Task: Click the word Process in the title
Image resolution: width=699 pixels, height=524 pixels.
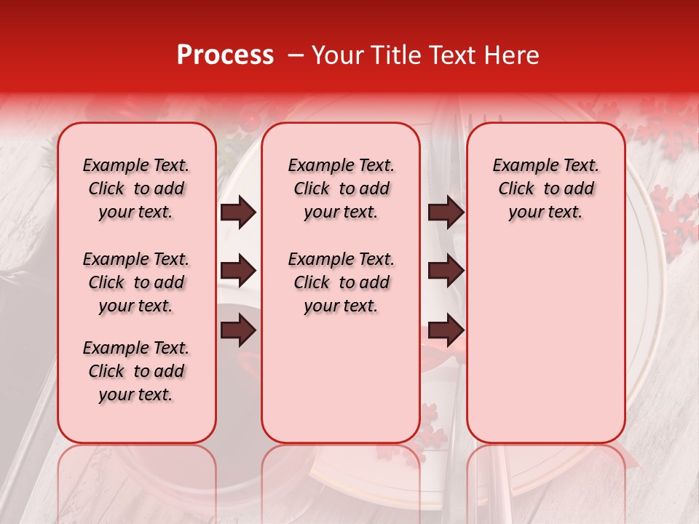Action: (224, 55)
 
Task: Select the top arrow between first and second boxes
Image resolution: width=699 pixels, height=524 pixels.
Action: (238, 213)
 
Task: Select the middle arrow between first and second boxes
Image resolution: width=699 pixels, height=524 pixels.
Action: (238, 271)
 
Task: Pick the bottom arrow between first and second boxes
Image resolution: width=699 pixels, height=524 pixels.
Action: (238, 331)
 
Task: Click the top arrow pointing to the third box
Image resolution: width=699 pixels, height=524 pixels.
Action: (446, 213)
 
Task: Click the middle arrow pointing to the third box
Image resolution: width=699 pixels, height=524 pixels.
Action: (446, 271)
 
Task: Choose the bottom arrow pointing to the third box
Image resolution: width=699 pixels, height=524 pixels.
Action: (446, 331)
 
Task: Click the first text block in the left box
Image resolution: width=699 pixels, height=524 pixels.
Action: (136, 188)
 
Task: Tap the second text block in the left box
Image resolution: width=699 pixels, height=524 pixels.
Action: (136, 282)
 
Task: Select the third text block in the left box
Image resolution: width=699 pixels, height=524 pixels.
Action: (136, 371)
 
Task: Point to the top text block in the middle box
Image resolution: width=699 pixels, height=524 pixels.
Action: (341, 188)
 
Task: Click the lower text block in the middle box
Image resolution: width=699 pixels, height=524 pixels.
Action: (341, 282)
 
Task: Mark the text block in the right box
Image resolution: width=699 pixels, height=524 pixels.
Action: (546, 188)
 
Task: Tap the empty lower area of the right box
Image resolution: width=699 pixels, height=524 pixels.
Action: (546, 342)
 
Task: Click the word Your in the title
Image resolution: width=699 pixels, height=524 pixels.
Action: (334, 55)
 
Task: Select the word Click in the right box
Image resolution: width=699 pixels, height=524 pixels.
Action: (516, 189)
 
